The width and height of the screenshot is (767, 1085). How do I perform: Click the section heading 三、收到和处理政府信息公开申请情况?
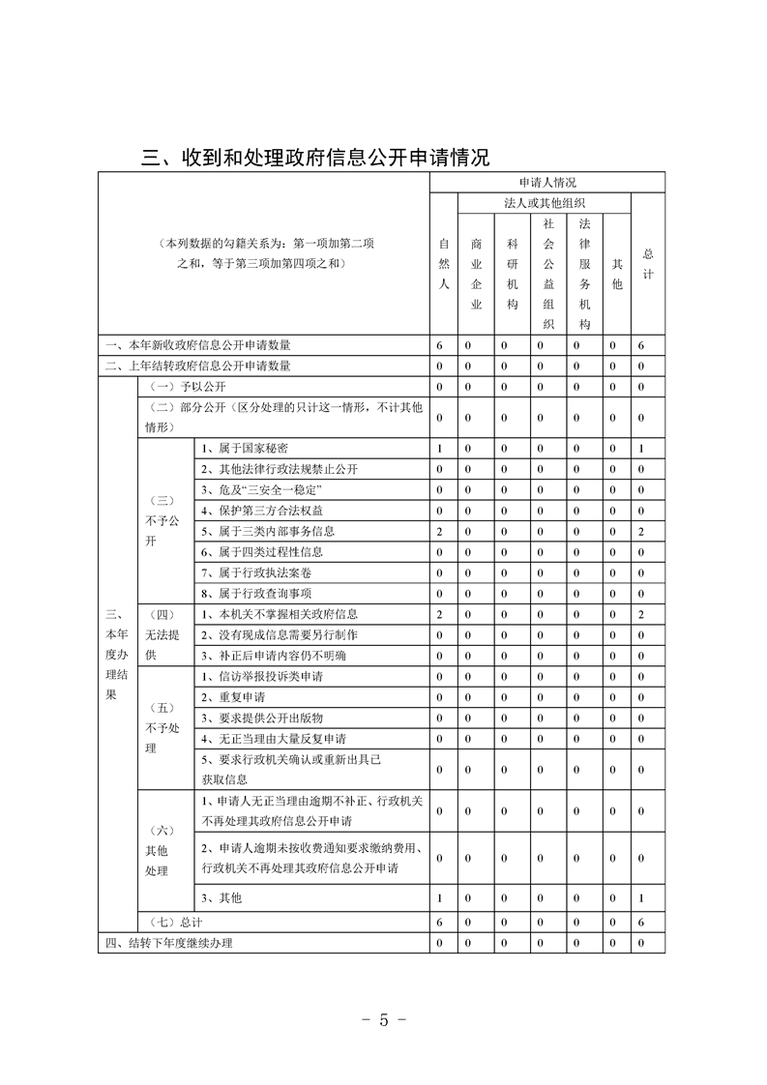(315, 157)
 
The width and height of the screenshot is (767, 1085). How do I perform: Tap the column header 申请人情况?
(547, 182)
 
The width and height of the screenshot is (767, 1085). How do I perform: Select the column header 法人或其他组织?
(546, 203)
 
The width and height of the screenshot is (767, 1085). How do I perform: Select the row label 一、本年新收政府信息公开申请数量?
(199, 345)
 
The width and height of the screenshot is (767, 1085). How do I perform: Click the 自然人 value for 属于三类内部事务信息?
(439, 532)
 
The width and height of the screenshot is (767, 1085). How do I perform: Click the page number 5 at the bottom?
(384, 1021)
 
